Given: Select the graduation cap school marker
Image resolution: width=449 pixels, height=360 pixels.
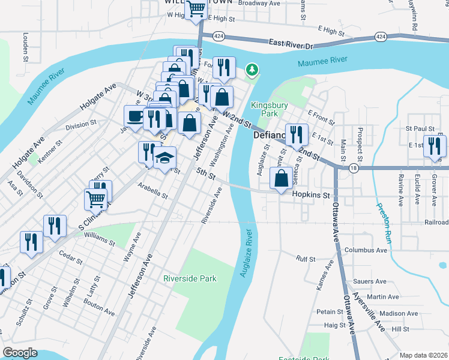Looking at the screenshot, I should click(164, 158).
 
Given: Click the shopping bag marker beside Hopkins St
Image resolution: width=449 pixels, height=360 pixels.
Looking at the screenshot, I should click(282, 178).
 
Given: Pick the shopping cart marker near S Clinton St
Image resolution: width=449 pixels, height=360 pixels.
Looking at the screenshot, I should click(97, 199).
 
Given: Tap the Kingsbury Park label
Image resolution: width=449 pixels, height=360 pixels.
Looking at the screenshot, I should click(269, 109).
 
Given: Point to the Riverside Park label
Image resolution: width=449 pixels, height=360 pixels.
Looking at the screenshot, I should click(190, 278).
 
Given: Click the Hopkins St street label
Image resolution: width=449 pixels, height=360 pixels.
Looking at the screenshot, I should click(312, 195).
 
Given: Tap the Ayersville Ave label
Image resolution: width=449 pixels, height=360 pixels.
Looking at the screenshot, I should click(369, 312).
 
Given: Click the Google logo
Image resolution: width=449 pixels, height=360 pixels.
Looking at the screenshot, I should click(20, 353).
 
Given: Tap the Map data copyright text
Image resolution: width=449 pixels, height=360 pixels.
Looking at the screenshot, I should click(423, 355).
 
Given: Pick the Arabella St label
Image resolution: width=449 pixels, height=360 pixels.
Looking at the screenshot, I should click(152, 190).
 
